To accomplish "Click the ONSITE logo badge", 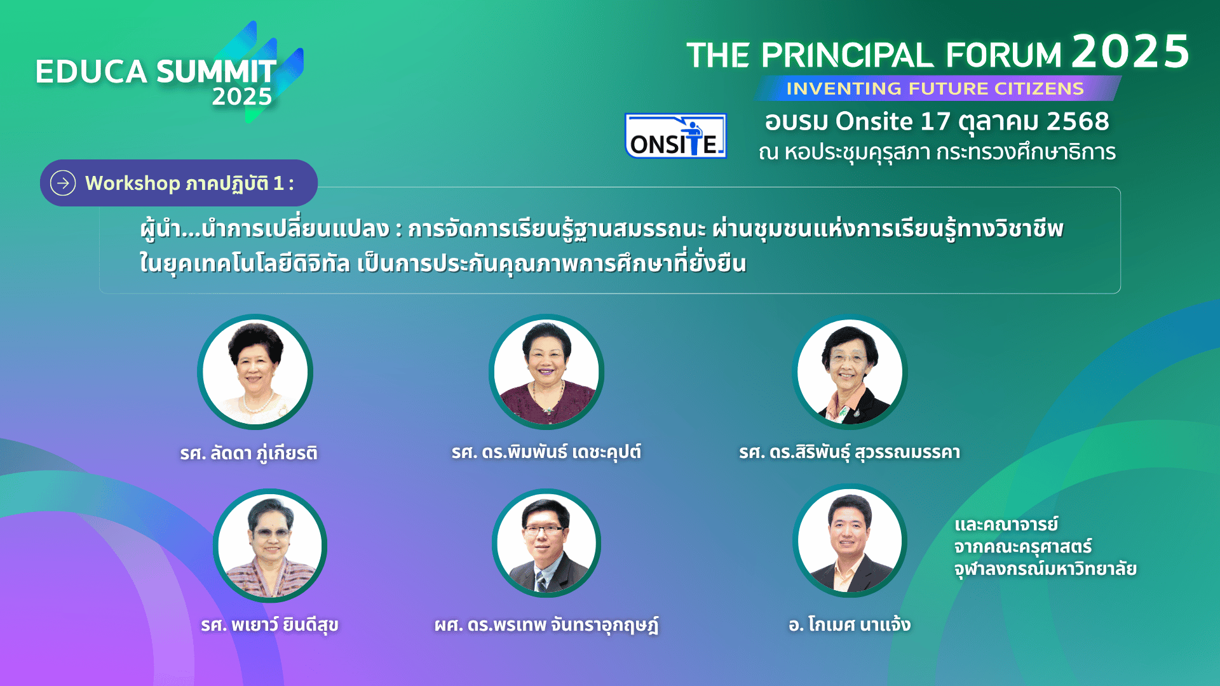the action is click(x=675, y=135).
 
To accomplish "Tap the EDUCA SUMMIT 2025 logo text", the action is click(x=156, y=81).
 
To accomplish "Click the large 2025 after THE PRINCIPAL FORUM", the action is click(x=1130, y=51).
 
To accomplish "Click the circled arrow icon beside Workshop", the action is click(x=63, y=183).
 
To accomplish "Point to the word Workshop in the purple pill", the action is click(x=133, y=183).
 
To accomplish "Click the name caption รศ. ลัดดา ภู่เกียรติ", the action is click(x=248, y=453).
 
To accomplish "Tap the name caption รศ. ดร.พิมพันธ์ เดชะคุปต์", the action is click(x=546, y=452).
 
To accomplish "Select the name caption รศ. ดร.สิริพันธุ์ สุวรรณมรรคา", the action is click(x=850, y=452).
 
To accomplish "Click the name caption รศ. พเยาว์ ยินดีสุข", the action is click(x=269, y=624).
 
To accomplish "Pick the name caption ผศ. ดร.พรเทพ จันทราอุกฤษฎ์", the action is click(x=546, y=624).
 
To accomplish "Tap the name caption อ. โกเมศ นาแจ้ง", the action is click(x=850, y=624).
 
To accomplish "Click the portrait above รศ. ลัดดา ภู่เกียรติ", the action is click(x=255, y=372).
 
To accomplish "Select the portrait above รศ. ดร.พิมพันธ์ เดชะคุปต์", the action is click(x=546, y=372).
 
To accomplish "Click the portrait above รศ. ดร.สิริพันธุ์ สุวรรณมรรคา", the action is click(x=850, y=372).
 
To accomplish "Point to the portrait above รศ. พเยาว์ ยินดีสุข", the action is click(x=270, y=545).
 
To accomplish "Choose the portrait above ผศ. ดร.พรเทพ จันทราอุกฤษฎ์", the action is click(x=546, y=543).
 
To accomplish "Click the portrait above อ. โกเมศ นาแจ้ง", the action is click(x=850, y=541).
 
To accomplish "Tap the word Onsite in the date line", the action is click(x=874, y=121).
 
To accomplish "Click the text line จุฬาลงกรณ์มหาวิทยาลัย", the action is click(x=1045, y=568).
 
